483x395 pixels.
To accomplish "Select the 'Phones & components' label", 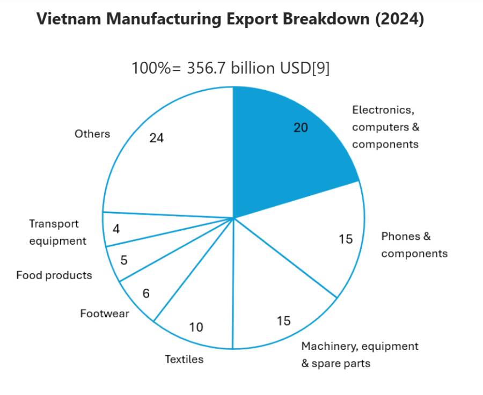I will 414,245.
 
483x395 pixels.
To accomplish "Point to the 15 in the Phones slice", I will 346,239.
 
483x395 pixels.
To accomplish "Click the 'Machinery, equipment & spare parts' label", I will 360,354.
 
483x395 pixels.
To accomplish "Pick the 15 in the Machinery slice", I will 283,321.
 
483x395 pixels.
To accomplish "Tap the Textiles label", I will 184,359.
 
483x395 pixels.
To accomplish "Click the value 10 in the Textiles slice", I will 196,327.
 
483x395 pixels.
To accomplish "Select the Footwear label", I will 105,313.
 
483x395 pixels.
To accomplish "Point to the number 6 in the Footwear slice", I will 146,294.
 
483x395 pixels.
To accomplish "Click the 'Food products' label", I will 54,275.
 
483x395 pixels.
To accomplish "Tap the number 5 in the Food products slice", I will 124,261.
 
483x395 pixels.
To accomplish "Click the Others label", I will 92,134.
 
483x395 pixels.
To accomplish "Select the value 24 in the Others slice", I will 157,138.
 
